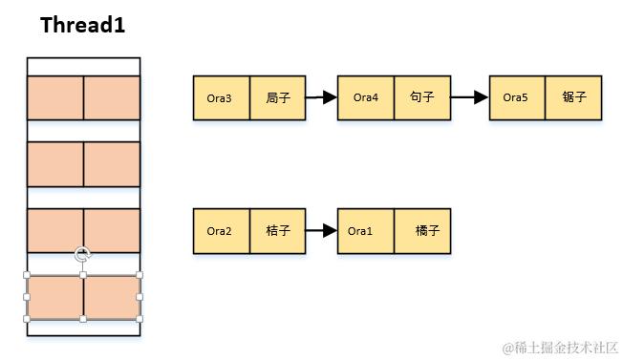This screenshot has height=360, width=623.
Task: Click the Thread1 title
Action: coord(83,26)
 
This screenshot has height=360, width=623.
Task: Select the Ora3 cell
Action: coord(222,98)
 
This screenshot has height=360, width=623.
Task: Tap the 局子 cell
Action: coord(278,98)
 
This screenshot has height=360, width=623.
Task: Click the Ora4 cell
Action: coord(366,98)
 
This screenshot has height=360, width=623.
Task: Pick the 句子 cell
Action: coord(422,98)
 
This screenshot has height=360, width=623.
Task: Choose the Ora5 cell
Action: coord(517,98)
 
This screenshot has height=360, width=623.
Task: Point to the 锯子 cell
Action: coord(573,98)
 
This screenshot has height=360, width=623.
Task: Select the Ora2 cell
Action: coord(222,231)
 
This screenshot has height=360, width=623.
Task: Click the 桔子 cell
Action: coord(278,231)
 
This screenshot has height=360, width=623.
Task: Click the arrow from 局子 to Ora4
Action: coord(322,97)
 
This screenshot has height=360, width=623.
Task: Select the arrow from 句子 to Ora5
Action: coord(469,97)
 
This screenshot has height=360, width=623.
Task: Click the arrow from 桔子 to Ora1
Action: coord(322,231)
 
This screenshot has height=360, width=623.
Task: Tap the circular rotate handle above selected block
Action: coord(83,255)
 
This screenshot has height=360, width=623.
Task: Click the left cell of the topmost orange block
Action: coord(55,97)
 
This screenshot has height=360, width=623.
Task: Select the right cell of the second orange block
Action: coord(112,164)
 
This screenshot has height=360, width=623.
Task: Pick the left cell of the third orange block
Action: coord(55,230)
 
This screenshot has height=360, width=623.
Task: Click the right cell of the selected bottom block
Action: coord(112,297)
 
